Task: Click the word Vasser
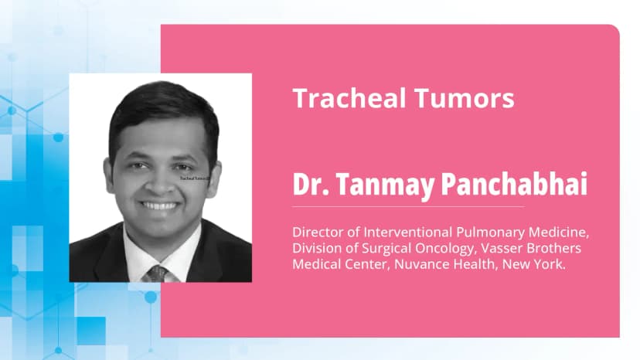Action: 513,248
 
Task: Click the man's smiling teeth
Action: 161,206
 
